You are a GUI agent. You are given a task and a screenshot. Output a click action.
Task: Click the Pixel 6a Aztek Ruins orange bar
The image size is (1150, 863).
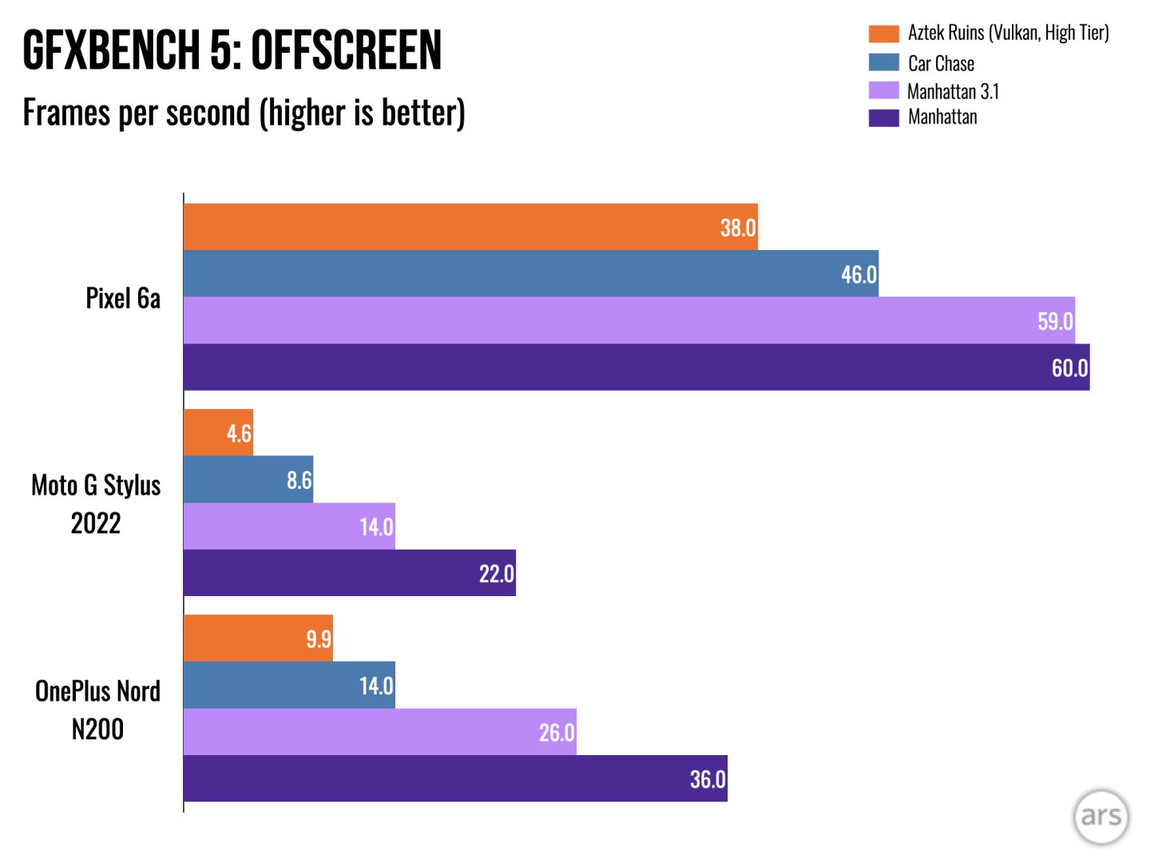(470, 227)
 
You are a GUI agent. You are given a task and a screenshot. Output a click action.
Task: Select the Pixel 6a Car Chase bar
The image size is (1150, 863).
(530, 273)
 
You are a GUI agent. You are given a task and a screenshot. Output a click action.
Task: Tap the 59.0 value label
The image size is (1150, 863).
(1055, 321)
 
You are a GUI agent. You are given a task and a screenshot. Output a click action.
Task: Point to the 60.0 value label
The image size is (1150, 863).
(1069, 368)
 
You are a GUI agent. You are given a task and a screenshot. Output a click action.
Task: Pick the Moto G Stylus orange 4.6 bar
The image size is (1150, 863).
(218, 433)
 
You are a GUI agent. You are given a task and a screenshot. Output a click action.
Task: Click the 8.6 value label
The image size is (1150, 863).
(299, 480)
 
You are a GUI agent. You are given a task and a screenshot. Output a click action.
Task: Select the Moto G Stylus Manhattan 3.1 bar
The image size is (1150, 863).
(289, 527)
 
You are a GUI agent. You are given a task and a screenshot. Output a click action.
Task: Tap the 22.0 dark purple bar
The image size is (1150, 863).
(349, 573)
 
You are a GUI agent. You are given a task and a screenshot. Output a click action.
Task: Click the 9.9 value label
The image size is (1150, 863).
(319, 639)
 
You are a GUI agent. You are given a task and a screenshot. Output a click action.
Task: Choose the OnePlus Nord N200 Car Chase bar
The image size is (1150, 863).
(289, 686)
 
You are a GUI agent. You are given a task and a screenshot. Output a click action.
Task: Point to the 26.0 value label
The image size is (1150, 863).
(557, 733)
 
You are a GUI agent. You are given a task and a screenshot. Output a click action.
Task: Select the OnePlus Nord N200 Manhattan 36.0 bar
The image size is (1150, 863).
(455, 779)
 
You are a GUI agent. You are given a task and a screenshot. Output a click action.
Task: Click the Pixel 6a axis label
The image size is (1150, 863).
(123, 298)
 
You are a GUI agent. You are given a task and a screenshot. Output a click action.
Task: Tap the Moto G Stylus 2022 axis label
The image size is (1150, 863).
(96, 504)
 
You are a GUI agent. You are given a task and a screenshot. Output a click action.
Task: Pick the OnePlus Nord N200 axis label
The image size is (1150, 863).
(97, 710)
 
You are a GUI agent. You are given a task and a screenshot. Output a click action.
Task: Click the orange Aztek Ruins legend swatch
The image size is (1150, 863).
(883, 34)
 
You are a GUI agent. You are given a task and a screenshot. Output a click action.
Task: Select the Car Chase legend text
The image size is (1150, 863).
(941, 63)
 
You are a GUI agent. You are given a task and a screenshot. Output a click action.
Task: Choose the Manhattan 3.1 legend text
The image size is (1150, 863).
(953, 91)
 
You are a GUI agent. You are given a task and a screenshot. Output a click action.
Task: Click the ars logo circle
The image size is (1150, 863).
(1100, 816)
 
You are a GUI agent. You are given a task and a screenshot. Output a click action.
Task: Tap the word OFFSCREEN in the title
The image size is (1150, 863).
(346, 50)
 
